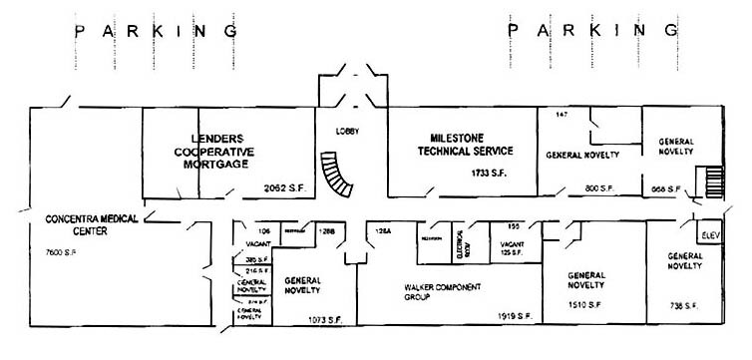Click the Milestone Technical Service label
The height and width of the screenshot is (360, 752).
coord(465,145)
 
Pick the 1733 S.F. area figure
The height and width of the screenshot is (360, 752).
coord(490,174)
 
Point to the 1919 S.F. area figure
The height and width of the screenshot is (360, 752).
coord(515,316)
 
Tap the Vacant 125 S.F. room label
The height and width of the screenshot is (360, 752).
coord(513,247)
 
